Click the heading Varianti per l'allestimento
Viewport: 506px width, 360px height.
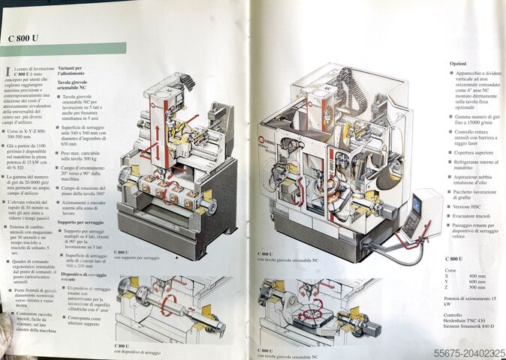click(x=75, y=72)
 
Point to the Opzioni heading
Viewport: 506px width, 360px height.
click(x=458, y=64)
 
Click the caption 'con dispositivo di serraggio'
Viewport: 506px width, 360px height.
click(x=136, y=351)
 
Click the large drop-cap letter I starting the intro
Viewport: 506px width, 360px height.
click(x=8, y=71)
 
